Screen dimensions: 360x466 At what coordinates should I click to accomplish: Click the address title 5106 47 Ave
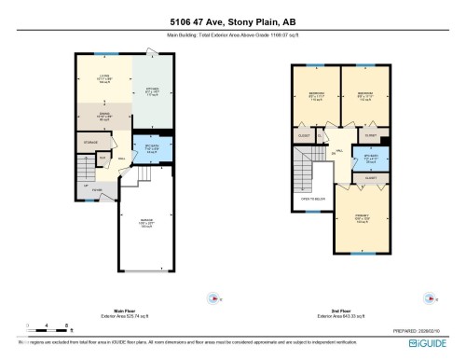tap(233, 22)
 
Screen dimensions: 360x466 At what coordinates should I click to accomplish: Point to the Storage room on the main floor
tap(90, 143)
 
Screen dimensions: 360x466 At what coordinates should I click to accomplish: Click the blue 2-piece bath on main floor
tap(152, 149)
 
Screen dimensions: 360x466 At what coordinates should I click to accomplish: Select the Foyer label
tap(97, 190)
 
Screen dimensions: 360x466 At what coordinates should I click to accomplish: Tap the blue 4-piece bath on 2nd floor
tap(370, 158)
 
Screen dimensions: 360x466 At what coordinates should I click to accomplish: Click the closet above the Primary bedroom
tap(370, 177)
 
